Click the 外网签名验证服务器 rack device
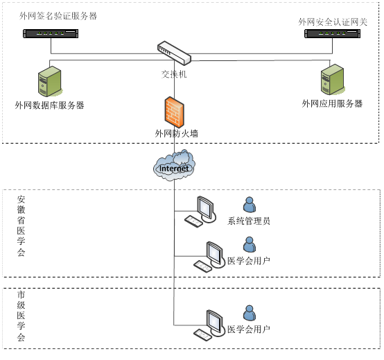[x=51, y=33]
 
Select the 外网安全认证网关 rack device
[x=332, y=33]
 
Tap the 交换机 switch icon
[x=174, y=53]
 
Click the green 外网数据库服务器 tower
[x=50, y=81]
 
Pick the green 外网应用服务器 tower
[x=332, y=79]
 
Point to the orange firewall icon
[x=175, y=112]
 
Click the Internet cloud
[x=174, y=166]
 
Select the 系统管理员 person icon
[x=250, y=205]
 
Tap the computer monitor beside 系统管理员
[x=207, y=209]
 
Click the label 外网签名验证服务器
[x=58, y=16]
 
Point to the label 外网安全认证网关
[x=333, y=22]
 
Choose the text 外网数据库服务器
[x=49, y=105]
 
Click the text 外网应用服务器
[x=332, y=103]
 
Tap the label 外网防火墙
[x=176, y=134]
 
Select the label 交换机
[x=174, y=74]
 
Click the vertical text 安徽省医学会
[x=21, y=225]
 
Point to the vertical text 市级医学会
[x=21, y=316]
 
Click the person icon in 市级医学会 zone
[x=250, y=313]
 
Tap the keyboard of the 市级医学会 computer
[x=202, y=335]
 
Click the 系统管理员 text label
[x=249, y=221]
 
